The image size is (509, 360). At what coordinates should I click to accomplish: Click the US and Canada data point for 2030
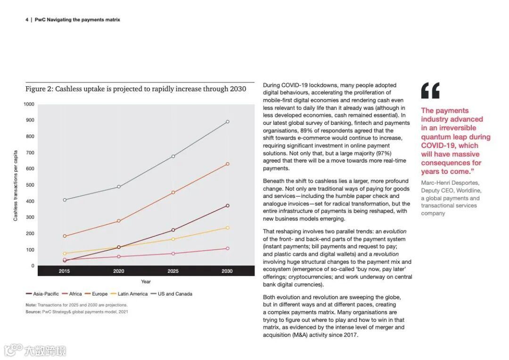[228, 122]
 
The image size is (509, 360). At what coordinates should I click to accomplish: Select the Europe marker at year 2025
[173, 192]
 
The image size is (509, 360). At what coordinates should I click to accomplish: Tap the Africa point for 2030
[228, 248]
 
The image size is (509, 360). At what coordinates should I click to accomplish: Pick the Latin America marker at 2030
[228, 228]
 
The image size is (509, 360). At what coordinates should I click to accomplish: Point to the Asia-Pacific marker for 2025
[173, 230]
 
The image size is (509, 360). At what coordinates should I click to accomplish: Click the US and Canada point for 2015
[65, 200]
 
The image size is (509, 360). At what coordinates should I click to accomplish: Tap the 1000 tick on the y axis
[29, 104]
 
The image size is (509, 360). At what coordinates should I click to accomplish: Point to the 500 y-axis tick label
[30, 185]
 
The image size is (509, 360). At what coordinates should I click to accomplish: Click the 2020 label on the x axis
[119, 271]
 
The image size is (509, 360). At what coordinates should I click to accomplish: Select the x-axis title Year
[146, 282]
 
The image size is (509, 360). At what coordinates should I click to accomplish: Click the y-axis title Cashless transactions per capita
[16, 185]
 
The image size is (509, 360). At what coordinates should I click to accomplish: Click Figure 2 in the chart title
[39, 89]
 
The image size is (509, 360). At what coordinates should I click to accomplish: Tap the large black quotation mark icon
[430, 90]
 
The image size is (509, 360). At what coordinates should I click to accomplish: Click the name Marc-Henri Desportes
[450, 182]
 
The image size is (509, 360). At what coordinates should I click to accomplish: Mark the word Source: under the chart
[33, 312]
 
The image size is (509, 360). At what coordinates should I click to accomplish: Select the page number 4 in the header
[27, 20]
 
